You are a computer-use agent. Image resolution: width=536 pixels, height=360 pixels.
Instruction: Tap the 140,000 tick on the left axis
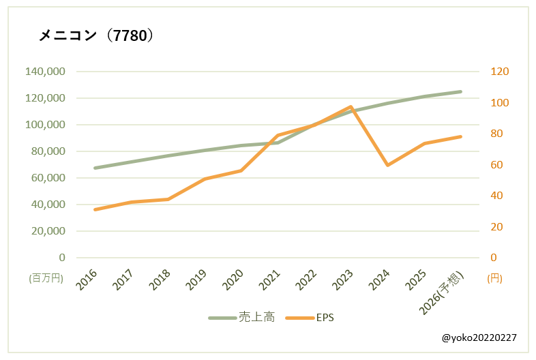tap(45, 72)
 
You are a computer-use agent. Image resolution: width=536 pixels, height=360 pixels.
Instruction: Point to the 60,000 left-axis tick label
tap(48, 178)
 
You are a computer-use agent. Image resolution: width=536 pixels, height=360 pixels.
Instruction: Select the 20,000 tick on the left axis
tap(48, 231)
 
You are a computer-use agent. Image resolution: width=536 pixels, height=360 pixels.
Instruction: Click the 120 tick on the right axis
tap(500, 72)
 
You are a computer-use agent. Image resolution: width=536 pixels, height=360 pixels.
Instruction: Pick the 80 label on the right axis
tap(497, 134)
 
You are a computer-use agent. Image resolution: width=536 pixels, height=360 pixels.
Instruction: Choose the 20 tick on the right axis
tap(497, 226)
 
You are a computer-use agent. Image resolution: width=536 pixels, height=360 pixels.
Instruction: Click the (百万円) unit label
tap(46, 278)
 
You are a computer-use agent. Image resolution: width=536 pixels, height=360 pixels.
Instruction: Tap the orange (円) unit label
tap(495, 278)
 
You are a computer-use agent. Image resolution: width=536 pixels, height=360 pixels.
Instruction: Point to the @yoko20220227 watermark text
tap(479, 337)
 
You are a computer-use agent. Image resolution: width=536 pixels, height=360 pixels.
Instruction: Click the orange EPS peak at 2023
tap(351, 107)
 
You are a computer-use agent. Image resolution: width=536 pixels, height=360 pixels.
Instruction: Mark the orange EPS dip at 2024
tap(387, 165)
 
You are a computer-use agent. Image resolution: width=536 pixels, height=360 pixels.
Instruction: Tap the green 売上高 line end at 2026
tap(461, 91)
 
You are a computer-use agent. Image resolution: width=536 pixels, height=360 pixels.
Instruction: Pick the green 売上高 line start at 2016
tap(95, 168)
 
